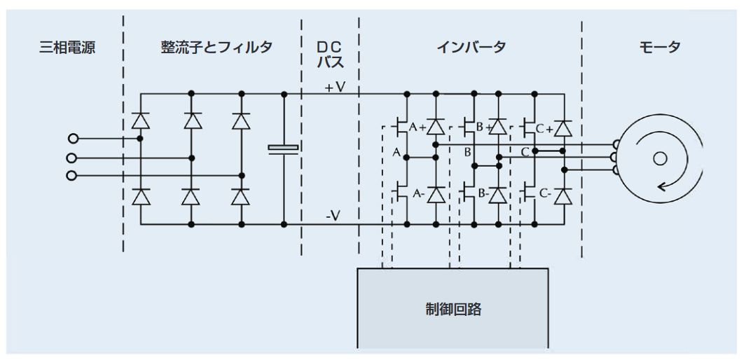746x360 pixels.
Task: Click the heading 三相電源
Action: click(67, 48)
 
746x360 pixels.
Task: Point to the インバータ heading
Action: click(471, 48)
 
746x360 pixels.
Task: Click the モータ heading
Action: click(660, 48)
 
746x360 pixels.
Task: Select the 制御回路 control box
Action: click(453, 308)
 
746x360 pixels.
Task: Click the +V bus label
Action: click(335, 88)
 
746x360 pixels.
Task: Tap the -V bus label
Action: click(333, 216)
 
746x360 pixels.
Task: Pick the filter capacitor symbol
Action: click(284, 148)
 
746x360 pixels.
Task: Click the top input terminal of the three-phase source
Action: click(71, 139)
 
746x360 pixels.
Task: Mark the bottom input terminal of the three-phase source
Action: click(71, 175)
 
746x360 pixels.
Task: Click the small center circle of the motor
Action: click(659, 158)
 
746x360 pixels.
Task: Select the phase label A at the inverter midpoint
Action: click(396, 152)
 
